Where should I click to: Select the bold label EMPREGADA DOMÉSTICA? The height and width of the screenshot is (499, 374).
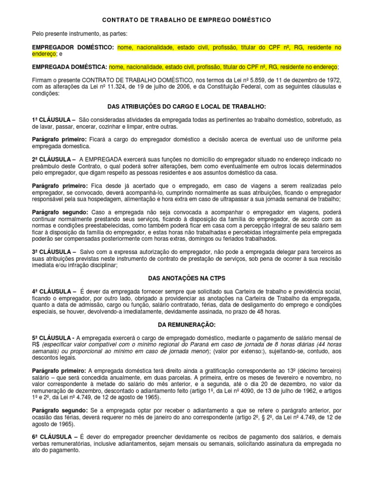70,67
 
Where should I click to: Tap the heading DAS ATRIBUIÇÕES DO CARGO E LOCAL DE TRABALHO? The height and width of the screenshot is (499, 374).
187,106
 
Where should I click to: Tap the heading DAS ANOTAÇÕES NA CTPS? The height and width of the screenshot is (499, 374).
187,277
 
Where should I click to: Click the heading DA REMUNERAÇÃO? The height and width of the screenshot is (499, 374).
187,324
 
